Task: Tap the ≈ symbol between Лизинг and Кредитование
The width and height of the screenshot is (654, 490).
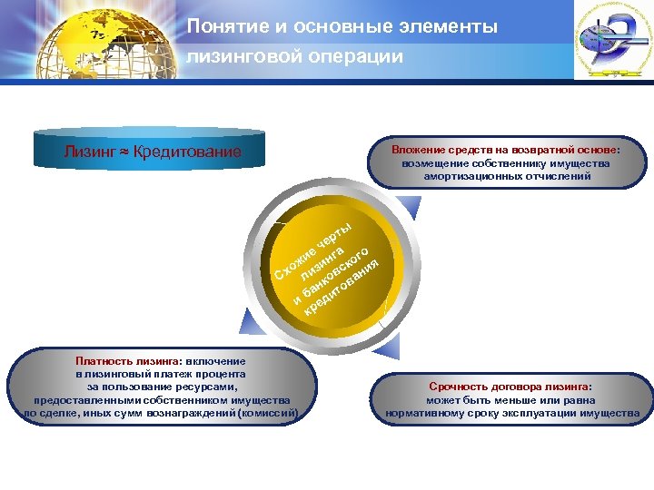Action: point(124,152)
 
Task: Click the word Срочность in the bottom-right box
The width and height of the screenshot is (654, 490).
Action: point(458,386)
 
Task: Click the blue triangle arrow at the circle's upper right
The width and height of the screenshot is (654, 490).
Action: point(411,210)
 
